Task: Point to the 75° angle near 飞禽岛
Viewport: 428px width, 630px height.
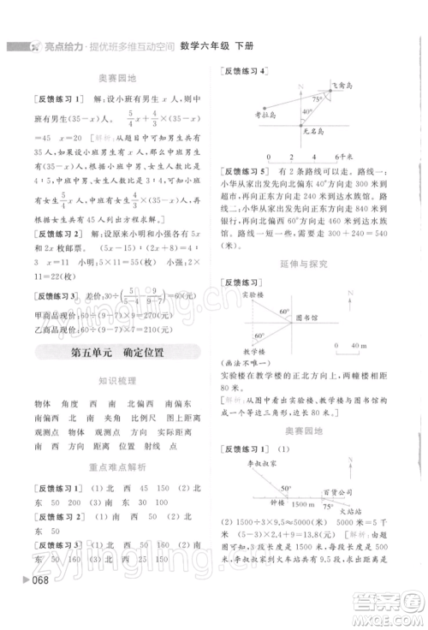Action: pos(317,98)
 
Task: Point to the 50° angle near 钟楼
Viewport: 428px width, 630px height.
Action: pos(286,488)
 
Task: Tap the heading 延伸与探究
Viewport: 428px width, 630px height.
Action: pos(304,265)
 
